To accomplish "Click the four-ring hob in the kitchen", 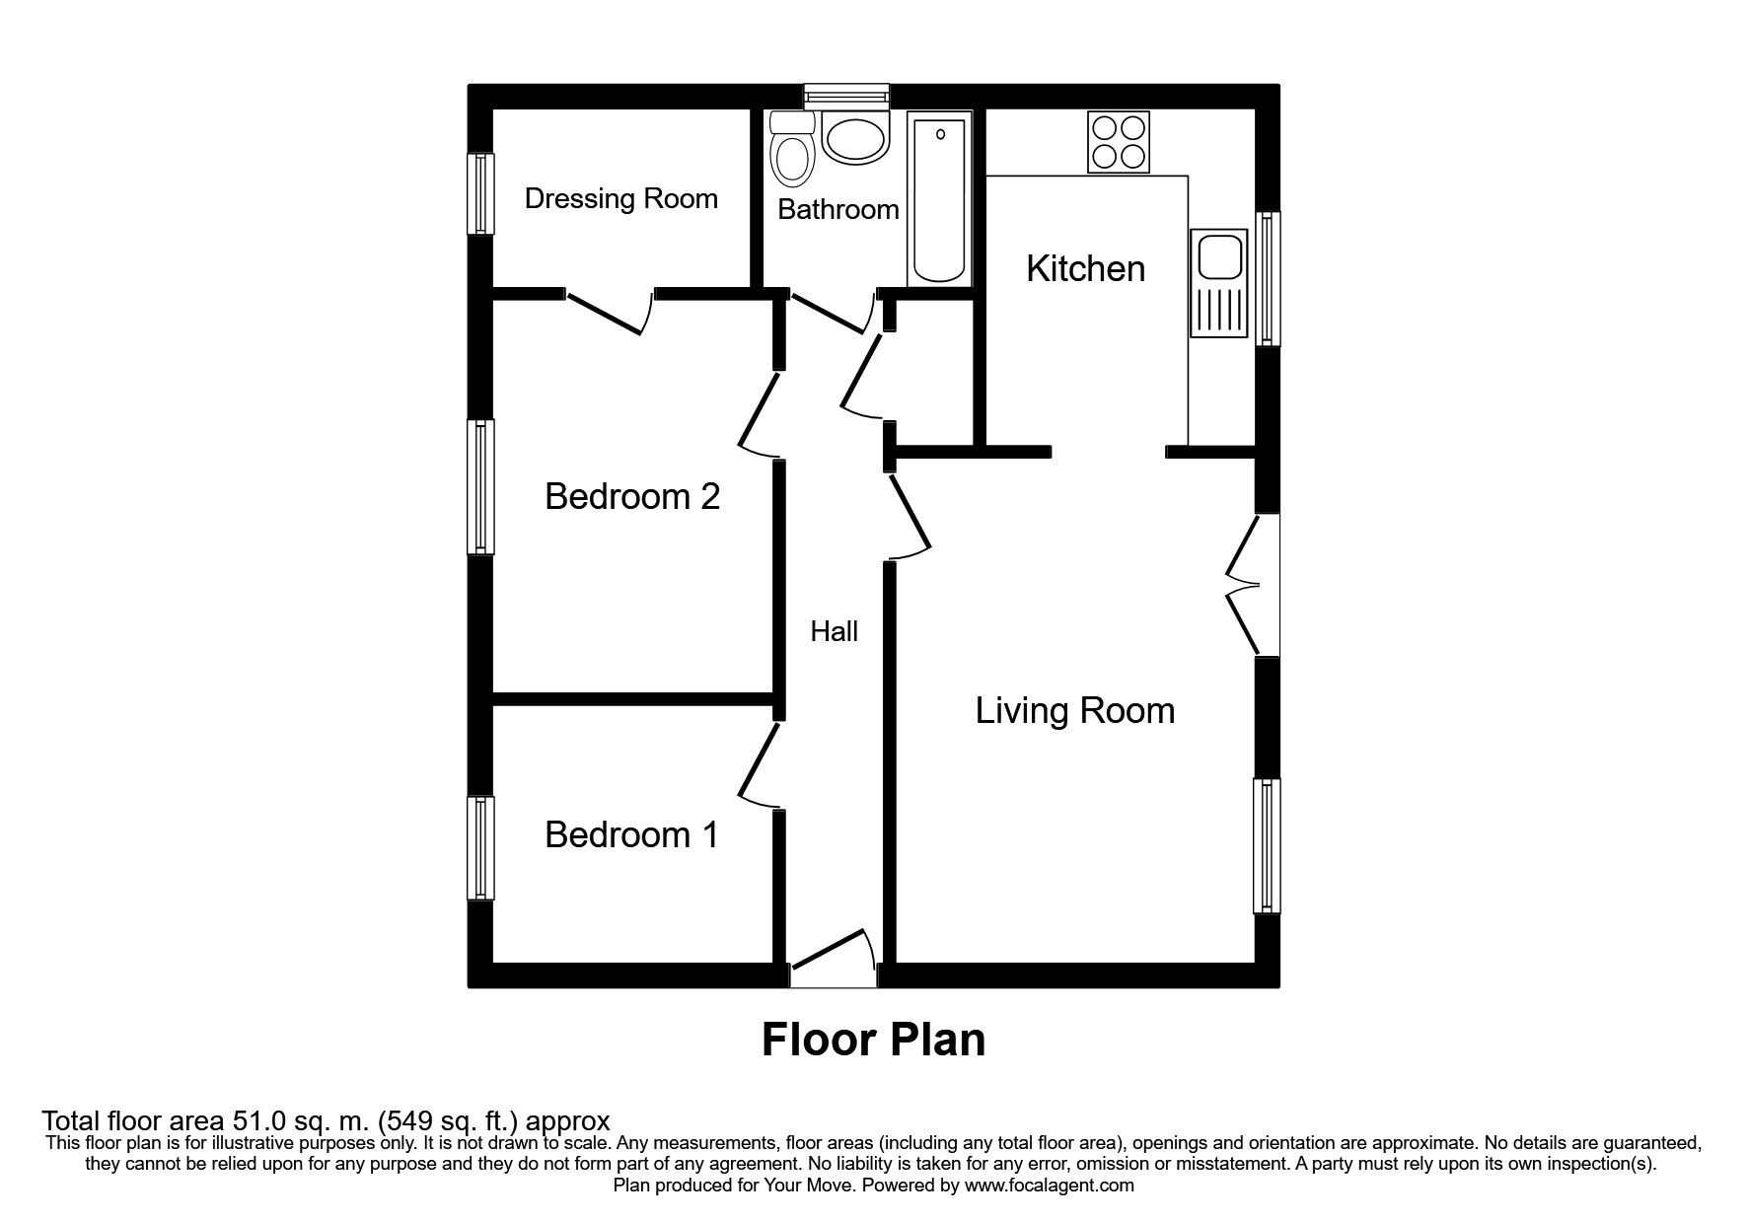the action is [x=1119, y=141].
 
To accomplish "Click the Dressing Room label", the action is [x=620, y=199].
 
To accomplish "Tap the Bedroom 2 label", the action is [x=632, y=496].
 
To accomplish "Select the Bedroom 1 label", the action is [x=631, y=835].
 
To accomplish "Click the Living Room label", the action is [x=1074, y=711].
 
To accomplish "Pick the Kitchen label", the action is [x=1085, y=269].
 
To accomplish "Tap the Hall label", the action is [x=834, y=632].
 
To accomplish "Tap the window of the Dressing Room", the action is [x=480, y=193].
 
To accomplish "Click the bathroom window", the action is [x=845, y=95].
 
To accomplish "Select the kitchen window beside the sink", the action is [x=1268, y=278].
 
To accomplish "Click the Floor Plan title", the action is [x=873, y=1040].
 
